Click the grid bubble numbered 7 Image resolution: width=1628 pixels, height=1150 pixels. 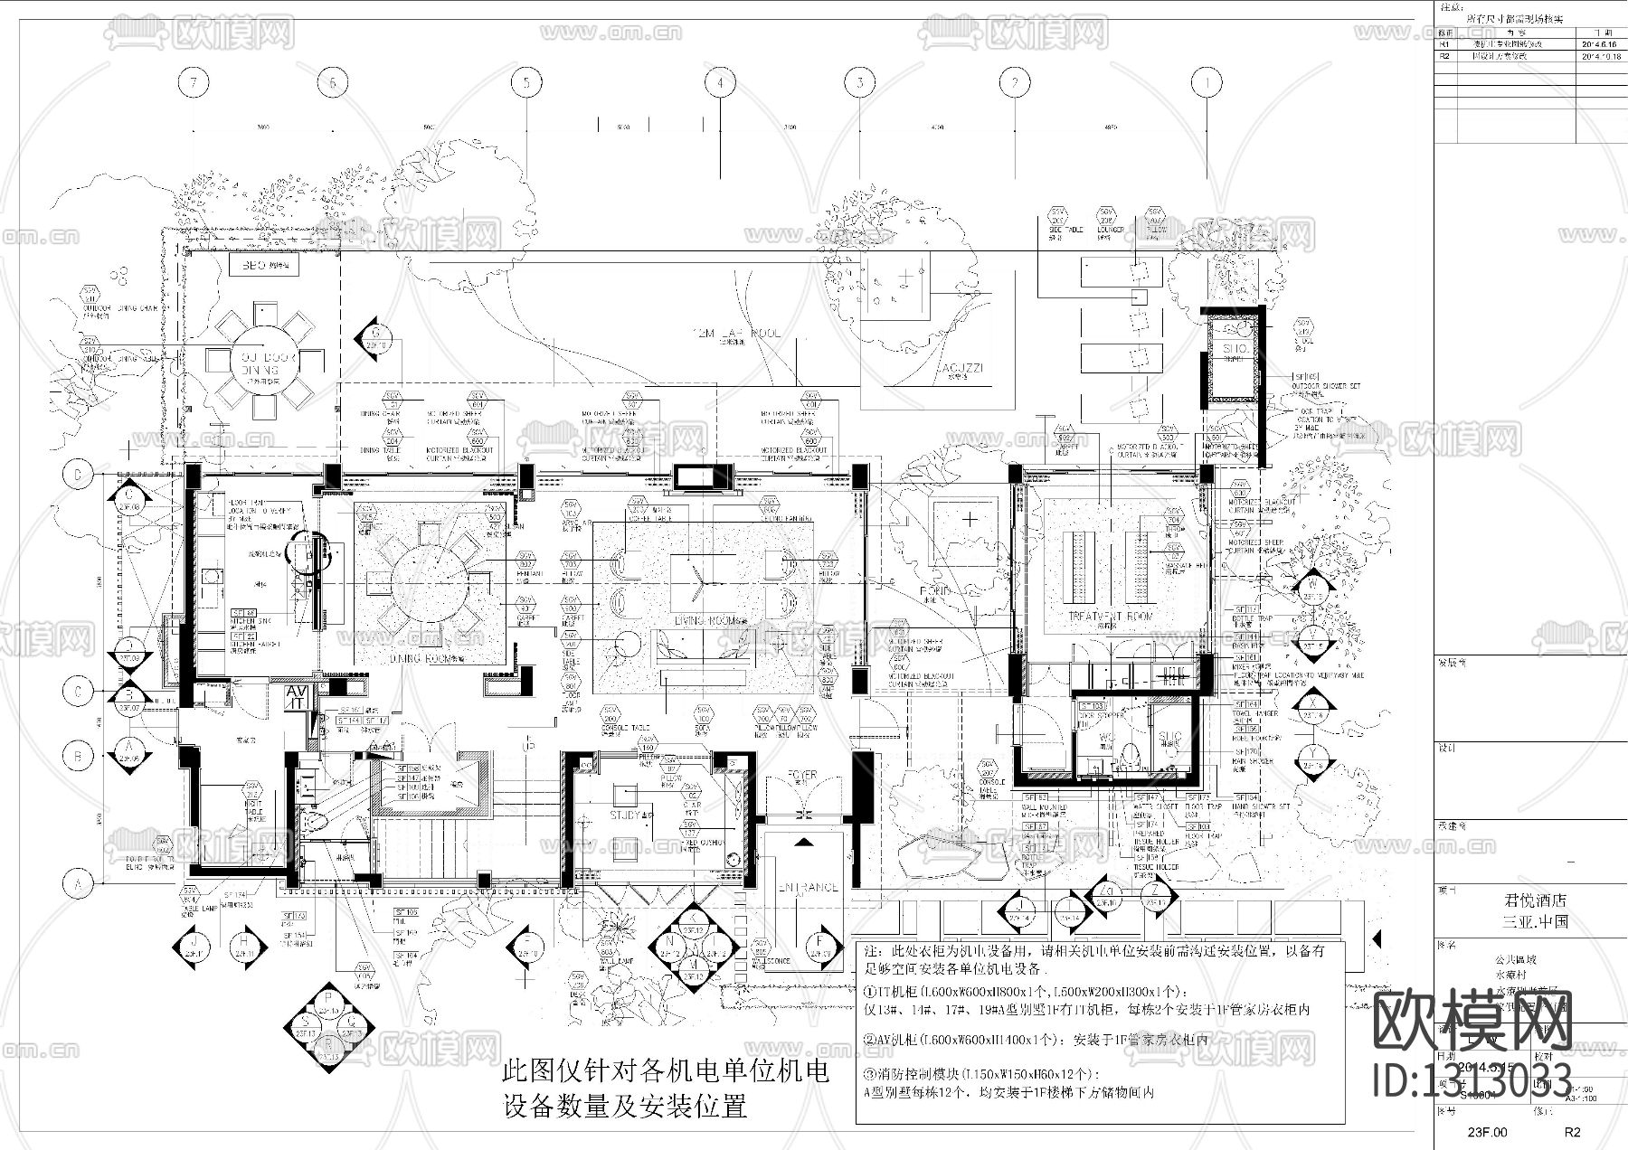pyautogui.click(x=194, y=83)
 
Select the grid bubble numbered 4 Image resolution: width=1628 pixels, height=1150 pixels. pyautogui.click(x=720, y=83)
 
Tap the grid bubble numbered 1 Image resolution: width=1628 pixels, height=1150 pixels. pyautogui.click(x=1206, y=83)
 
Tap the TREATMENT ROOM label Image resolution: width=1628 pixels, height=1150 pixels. pyautogui.click(x=1111, y=616)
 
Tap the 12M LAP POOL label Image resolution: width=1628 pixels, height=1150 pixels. pyautogui.click(x=734, y=335)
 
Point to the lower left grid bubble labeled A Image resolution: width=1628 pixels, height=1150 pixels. pyautogui.click(x=79, y=883)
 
